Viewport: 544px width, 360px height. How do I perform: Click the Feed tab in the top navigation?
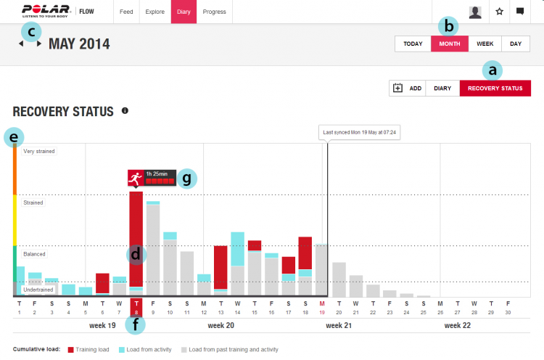tap(126, 12)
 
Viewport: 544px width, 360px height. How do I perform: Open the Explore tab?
tap(154, 12)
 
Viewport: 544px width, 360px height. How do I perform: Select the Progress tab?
tap(214, 12)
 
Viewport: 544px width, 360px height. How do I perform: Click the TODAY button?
tap(413, 44)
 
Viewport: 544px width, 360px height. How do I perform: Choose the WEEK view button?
tap(485, 44)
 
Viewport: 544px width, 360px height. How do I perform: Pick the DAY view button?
tap(515, 44)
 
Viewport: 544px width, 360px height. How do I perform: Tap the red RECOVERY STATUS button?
tap(495, 89)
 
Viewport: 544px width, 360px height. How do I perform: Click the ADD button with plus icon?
tap(407, 89)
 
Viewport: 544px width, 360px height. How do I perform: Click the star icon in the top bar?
tap(499, 12)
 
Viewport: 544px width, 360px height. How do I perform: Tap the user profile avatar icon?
tap(475, 12)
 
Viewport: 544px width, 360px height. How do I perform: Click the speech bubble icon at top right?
tap(520, 12)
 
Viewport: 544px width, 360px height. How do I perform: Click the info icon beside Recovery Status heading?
tap(125, 111)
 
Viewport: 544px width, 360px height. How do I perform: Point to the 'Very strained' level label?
tap(39, 151)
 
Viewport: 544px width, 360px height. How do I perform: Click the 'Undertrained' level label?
tap(38, 290)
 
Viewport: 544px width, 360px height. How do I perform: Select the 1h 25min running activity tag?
tap(152, 177)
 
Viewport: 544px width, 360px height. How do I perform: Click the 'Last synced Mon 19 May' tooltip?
tap(361, 133)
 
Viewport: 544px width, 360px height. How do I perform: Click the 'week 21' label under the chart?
tap(339, 325)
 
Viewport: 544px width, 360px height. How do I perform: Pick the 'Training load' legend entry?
tap(87, 349)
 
